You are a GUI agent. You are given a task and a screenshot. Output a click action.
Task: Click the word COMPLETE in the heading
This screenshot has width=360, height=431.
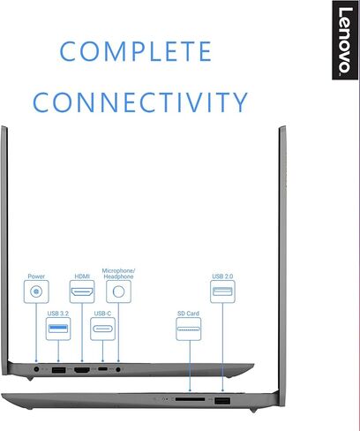click(136, 51)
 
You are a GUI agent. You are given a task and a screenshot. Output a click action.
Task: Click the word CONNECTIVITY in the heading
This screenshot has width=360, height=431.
click(140, 102)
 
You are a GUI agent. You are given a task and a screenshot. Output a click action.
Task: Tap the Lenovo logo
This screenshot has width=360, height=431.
click(345, 41)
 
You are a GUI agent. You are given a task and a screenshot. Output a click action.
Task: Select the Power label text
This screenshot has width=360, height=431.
click(36, 276)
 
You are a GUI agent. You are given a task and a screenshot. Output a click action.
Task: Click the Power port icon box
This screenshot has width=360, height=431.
click(36, 291)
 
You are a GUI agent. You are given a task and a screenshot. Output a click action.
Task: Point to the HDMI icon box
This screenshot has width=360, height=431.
click(82, 291)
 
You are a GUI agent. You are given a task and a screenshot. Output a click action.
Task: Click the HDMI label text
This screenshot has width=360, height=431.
click(82, 276)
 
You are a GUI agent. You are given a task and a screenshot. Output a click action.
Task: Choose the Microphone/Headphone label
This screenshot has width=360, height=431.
click(118, 274)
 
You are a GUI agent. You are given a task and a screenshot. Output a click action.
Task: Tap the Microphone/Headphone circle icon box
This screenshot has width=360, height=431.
click(118, 291)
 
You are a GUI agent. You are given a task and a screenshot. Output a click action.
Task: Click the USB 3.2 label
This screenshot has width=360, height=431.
click(58, 314)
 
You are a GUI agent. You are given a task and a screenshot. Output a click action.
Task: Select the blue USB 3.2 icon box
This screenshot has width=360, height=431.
click(58, 329)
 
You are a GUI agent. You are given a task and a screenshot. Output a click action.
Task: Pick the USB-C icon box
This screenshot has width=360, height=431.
click(102, 329)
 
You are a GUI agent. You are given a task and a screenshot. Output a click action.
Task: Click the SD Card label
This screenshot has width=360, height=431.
click(188, 314)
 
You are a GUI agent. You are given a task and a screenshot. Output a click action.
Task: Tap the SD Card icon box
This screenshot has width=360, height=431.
click(189, 329)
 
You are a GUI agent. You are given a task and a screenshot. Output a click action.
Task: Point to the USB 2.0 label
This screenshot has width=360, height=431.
click(222, 276)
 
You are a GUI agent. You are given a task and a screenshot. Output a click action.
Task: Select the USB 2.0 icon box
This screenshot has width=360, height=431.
click(222, 291)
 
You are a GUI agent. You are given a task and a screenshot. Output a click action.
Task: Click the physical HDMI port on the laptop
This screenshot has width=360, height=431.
click(82, 370)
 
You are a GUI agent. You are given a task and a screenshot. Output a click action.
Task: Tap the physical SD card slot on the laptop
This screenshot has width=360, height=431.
click(190, 399)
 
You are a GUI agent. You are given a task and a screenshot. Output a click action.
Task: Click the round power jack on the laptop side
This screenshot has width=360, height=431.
click(36, 369)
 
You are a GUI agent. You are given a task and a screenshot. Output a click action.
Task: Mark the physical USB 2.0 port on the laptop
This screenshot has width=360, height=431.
click(222, 401)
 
